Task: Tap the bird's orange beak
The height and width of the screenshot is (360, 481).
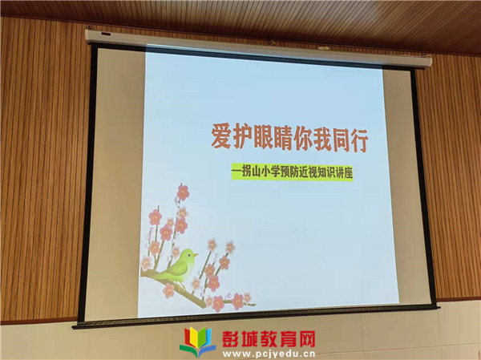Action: coord(196,255)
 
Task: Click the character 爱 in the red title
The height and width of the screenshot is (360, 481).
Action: coord(221,136)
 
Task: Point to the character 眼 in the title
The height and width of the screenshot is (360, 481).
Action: coord(262,138)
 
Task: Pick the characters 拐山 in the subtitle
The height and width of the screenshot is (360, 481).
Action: coord(252,172)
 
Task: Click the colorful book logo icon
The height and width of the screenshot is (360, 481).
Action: coord(198,342)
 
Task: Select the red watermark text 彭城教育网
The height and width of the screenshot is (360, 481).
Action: coord(269,339)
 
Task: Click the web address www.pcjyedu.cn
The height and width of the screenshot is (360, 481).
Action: coord(269,354)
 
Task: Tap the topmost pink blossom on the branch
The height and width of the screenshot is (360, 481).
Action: coord(183,192)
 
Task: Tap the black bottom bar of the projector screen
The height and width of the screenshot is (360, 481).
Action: coord(256,316)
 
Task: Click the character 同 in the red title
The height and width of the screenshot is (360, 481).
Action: coord(340,140)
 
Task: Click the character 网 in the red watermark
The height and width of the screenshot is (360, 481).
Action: coord(306,339)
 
